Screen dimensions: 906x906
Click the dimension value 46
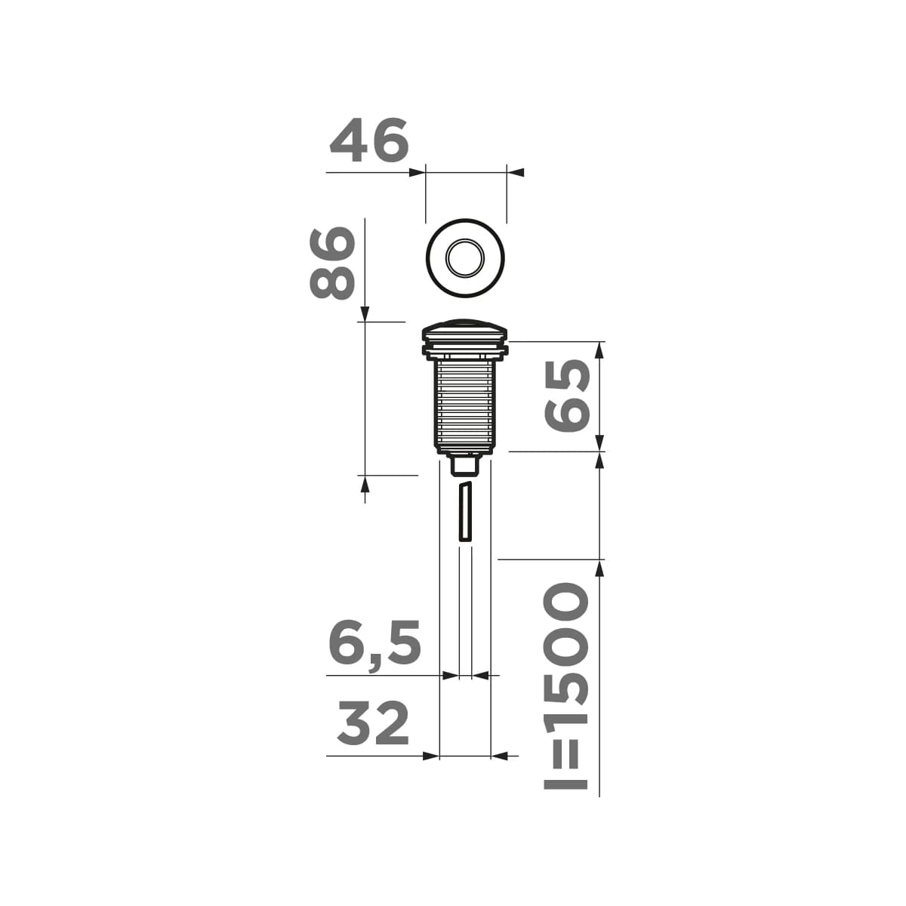coord(369,141)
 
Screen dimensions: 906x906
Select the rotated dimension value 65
coord(568,396)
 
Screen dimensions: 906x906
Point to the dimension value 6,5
coord(374,645)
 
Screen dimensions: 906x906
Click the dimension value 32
coord(373,723)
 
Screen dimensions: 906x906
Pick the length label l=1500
coord(566,686)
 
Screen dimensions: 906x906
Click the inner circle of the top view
coord(465,259)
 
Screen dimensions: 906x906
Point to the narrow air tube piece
coord(465,511)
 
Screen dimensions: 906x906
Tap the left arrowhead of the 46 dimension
coord(416,173)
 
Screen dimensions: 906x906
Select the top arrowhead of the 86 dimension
coord(365,313)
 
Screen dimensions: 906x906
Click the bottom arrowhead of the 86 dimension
coord(365,484)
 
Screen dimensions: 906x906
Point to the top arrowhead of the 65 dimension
coord(599,350)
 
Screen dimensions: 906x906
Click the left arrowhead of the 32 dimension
coord(430,755)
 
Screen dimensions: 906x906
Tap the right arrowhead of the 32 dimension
coord(501,755)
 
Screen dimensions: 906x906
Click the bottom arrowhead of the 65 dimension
coord(599,443)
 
